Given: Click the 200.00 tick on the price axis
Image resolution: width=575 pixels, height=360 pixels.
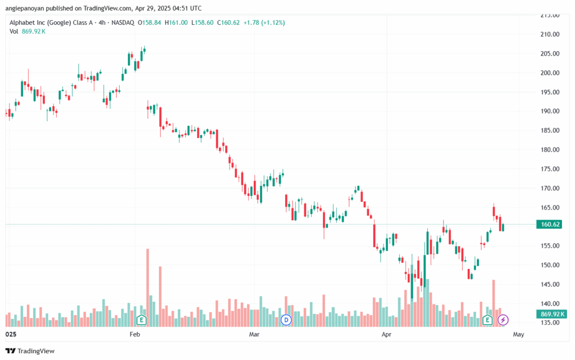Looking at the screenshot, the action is [550, 73].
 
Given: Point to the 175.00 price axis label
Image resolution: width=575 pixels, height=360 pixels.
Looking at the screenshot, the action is [550, 169].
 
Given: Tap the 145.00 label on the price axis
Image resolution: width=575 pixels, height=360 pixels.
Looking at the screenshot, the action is [550, 284].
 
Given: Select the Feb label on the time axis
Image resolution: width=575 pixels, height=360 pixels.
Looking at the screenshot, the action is [135, 334].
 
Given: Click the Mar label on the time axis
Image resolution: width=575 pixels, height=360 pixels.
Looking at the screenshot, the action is [254, 334].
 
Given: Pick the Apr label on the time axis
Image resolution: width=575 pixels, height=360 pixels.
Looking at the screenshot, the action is [386, 334].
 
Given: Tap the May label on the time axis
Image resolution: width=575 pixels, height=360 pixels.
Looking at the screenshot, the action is [518, 334].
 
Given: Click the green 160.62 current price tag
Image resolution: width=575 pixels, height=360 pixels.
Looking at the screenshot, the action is [549, 224].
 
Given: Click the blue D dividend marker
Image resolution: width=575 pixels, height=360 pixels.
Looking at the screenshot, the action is [286, 320].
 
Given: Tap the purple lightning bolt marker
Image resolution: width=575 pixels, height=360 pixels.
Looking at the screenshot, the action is [503, 320].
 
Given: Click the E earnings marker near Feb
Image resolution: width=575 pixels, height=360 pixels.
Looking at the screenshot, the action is [142, 320].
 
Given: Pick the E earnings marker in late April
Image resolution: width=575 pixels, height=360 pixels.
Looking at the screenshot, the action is [487, 320].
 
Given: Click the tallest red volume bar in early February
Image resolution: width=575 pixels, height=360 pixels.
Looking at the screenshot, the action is [148, 288].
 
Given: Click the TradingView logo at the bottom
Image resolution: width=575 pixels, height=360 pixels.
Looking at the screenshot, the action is [30, 351].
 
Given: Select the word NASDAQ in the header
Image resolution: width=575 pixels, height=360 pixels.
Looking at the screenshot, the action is [123, 22].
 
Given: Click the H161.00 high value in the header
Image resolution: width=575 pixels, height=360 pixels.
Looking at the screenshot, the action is [176, 22].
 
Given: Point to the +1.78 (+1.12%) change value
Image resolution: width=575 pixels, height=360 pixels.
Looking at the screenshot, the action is [264, 22].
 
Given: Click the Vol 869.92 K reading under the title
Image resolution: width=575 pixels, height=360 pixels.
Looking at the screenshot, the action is [28, 31].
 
